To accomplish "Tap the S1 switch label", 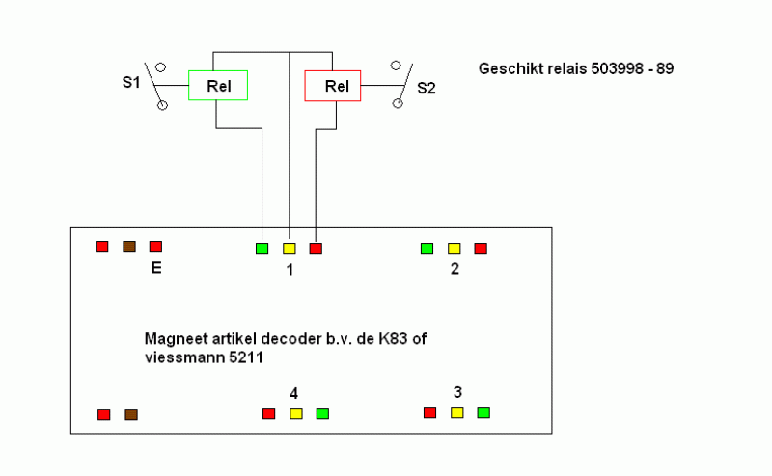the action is coord(131,82).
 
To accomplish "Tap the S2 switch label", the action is coord(427,88).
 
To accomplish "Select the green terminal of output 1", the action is coord(262,249).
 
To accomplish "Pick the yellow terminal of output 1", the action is coord(289,249).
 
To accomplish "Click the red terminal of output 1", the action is coord(316,249).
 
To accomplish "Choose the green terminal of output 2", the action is coord(427,249).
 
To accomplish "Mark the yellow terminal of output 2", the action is coord(454,249).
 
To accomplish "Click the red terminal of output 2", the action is coord(481,249).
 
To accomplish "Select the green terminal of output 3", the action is coord(483,412).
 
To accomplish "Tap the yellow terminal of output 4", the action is coord(296,413).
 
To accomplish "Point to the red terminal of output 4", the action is coord(269,413).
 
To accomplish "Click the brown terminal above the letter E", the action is coord(129,247).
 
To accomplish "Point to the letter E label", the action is coord(156,268).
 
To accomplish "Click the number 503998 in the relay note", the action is coord(617,68).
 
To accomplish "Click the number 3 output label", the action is coord(457,392).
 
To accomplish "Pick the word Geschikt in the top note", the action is coord(510,68).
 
